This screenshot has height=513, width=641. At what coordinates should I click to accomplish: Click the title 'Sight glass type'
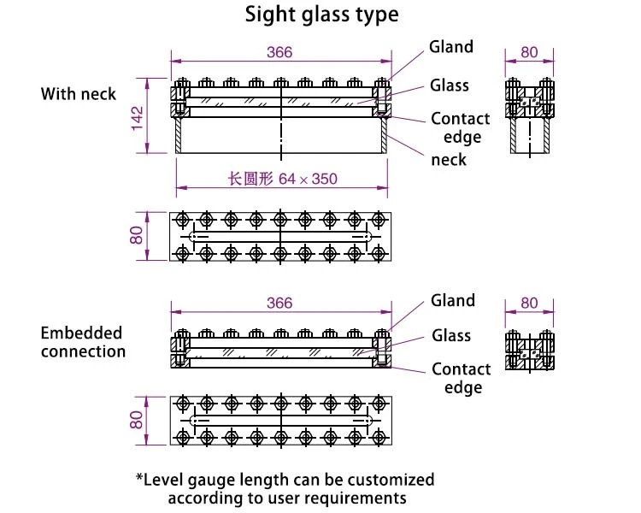(x=321, y=15)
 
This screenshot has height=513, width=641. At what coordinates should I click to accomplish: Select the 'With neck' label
(x=79, y=93)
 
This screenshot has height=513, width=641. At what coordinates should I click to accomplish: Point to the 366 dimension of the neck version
(x=279, y=52)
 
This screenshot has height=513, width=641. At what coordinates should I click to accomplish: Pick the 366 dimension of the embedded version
(x=279, y=303)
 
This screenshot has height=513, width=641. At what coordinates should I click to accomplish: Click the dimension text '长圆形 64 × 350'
(x=282, y=180)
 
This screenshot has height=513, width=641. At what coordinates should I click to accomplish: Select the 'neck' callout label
(x=449, y=159)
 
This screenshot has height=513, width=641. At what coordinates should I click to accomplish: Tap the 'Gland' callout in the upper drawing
(x=451, y=47)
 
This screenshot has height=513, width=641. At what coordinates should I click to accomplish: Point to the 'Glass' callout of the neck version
(x=450, y=85)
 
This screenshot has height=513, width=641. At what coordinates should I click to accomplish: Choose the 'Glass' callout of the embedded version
(x=451, y=336)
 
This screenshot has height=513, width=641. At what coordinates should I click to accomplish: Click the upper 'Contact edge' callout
(x=461, y=128)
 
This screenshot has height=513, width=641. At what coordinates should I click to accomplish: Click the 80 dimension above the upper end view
(x=530, y=52)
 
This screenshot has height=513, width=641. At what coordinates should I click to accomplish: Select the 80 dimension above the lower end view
(x=530, y=303)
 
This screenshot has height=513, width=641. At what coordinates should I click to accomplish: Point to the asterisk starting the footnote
(x=140, y=478)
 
